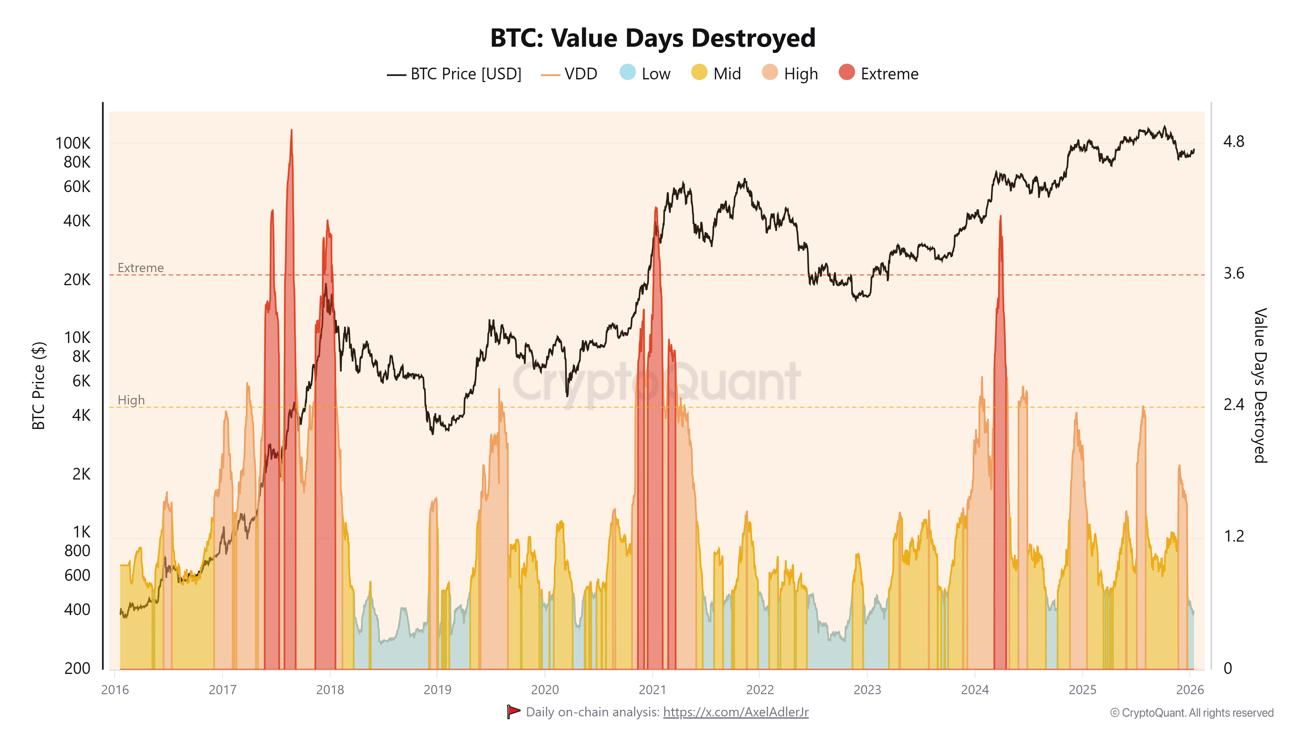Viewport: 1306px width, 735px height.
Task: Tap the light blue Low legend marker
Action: click(x=628, y=73)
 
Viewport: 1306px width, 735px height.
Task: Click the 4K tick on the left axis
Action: click(x=81, y=416)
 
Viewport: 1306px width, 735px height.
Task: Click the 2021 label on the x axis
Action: click(x=652, y=690)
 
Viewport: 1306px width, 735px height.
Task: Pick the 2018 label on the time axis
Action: click(x=330, y=690)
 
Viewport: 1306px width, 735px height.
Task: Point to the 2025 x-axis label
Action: click(x=1082, y=690)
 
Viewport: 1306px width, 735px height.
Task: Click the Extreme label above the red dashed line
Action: click(x=140, y=268)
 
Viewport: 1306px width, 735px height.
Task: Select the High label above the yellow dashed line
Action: click(x=131, y=400)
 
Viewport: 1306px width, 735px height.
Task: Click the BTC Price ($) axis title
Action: click(x=39, y=385)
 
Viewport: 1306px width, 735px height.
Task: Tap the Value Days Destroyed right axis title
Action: click(x=1260, y=385)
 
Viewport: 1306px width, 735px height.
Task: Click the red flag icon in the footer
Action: click(x=513, y=712)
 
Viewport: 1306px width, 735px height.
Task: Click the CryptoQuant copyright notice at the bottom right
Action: click(x=1191, y=713)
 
